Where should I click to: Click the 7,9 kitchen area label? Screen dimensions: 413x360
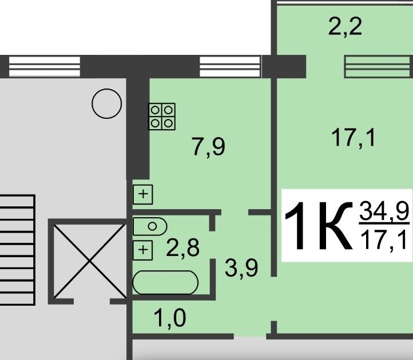pos(209,147)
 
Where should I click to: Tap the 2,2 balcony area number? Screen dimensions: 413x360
pos(345,27)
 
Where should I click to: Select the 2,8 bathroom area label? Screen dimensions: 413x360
pos(183,247)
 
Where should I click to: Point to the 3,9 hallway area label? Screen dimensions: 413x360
pos(241,268)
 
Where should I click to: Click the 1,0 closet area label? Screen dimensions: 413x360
pos(170,318)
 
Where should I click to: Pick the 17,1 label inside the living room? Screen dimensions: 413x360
pos(353,137)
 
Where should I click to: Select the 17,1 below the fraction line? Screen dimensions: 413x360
pos(384,240)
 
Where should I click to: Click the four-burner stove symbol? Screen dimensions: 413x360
pos(162,117)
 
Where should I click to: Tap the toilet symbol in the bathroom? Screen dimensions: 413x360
pos(150,226)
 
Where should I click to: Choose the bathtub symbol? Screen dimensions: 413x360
pos(165,282)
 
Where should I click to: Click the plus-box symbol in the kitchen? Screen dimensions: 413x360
pos(143,194)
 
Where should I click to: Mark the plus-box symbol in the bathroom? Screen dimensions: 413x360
pos(143,250)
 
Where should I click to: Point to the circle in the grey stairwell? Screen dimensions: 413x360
pos(106,103)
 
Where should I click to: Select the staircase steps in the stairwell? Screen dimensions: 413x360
pos(17,250)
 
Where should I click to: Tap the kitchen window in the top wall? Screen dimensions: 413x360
pos(230,67)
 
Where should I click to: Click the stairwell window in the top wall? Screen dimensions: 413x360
pos(45,67)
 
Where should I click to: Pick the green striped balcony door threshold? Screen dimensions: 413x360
pos(377,67)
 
